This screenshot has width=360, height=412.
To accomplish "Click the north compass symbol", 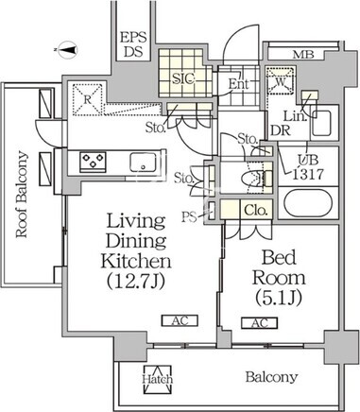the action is (68, 50).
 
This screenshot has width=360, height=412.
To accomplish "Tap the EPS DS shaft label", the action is (134, 44).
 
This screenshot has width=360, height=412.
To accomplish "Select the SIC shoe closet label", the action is (183, 78).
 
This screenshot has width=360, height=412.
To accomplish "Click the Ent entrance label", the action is (238, 84).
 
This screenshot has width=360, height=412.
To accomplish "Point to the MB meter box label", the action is (303, 55).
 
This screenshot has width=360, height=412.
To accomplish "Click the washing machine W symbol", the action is (280, 80).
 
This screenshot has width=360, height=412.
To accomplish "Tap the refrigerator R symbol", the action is (88, 99).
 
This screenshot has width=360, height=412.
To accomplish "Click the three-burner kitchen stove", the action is (93, 162).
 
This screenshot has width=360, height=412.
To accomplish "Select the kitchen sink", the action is (143, 162).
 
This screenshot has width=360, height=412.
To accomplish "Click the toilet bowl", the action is (252, 179).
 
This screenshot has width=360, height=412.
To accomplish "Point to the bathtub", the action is (308, 203).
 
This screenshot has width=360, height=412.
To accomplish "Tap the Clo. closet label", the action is (256, 210).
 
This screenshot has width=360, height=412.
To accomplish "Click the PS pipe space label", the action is (190, 217).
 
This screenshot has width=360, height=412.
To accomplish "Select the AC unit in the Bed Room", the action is (260, 323).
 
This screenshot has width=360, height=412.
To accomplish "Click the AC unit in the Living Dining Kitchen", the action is (180, 320).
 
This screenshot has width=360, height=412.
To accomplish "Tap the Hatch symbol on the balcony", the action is (158, 379).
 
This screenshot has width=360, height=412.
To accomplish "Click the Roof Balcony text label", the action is (22, 194).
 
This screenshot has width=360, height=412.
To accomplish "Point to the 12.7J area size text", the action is (136, 281).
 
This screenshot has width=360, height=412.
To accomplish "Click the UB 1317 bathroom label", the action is (308, 167).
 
